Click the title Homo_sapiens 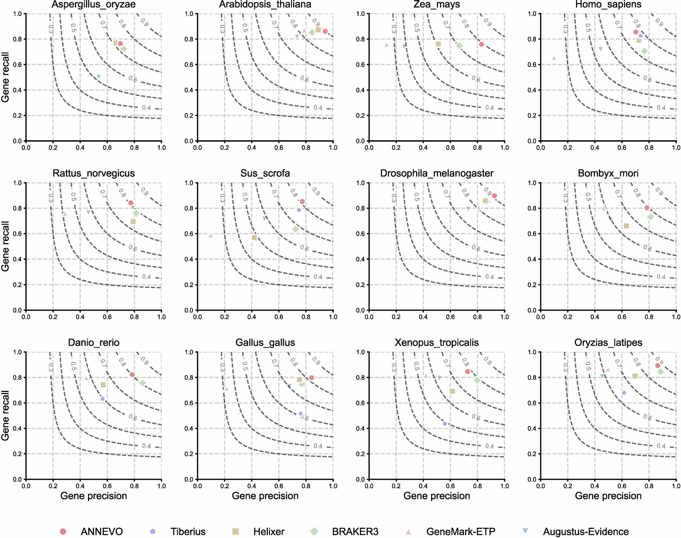pyautogui.click(x=608, y=4)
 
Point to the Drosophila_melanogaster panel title pyautogui.click(x=437, y=173)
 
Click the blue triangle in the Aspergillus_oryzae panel pyautogui.click(x=99, y=77)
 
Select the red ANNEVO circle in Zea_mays pyautogui.click(x=481, y=44)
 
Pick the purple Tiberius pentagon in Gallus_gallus pyautogui.click(x=300, y=414)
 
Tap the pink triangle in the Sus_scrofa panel pyautogui.click(x=211, y=235)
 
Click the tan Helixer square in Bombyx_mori pyautogui.click(x=626, y=226)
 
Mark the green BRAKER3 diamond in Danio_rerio pyautogui.click(x=142, y=383)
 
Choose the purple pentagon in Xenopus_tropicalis pyautogui.click(x=445, y=424)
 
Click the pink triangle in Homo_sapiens pyautogui.click(x=554, y=58)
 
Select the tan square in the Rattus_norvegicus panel pyautogui.click(x=133, y=222)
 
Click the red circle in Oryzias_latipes pyautogui.click(x=658, y=365)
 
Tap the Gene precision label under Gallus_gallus pyautogui.click(x=265, y=496)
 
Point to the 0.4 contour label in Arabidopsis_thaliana pyautogui.click(x=318, y=108)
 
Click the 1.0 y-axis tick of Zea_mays pyautogui.click(x=360, y=14)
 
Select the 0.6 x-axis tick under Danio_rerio pyautogui.click(x=107, y=486)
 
